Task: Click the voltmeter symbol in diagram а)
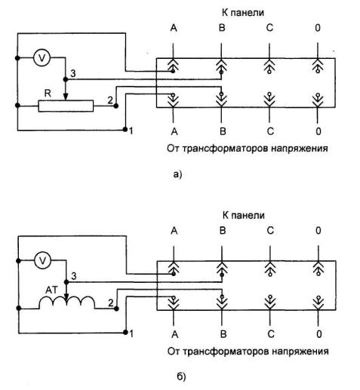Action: click(x=42, y=58)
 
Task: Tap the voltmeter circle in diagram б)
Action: click(x=42, y=260)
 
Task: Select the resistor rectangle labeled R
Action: click(x=66, y=106)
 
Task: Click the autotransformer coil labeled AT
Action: click(x=67, y=302)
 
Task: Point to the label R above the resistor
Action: click(x=48, y=94)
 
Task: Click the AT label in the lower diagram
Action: click(x=51, y=290)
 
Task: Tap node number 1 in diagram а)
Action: click(x=131, y=131)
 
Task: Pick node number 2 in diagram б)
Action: click(x=111, y=303)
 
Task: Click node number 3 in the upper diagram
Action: click(x=73, y=73)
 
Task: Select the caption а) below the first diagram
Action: click(x=177, y=174)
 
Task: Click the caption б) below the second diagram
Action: click(x=181, y=376)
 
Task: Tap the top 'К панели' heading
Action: click(x=243, y=13)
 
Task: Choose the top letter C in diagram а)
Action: click(x=269, y=28)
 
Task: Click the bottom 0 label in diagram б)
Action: click(x=319, y=334)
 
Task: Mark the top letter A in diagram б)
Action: click(x=174, y=231)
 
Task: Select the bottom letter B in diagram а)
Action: click(x=223, y=131)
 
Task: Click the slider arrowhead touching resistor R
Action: click(x=66, y=97)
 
